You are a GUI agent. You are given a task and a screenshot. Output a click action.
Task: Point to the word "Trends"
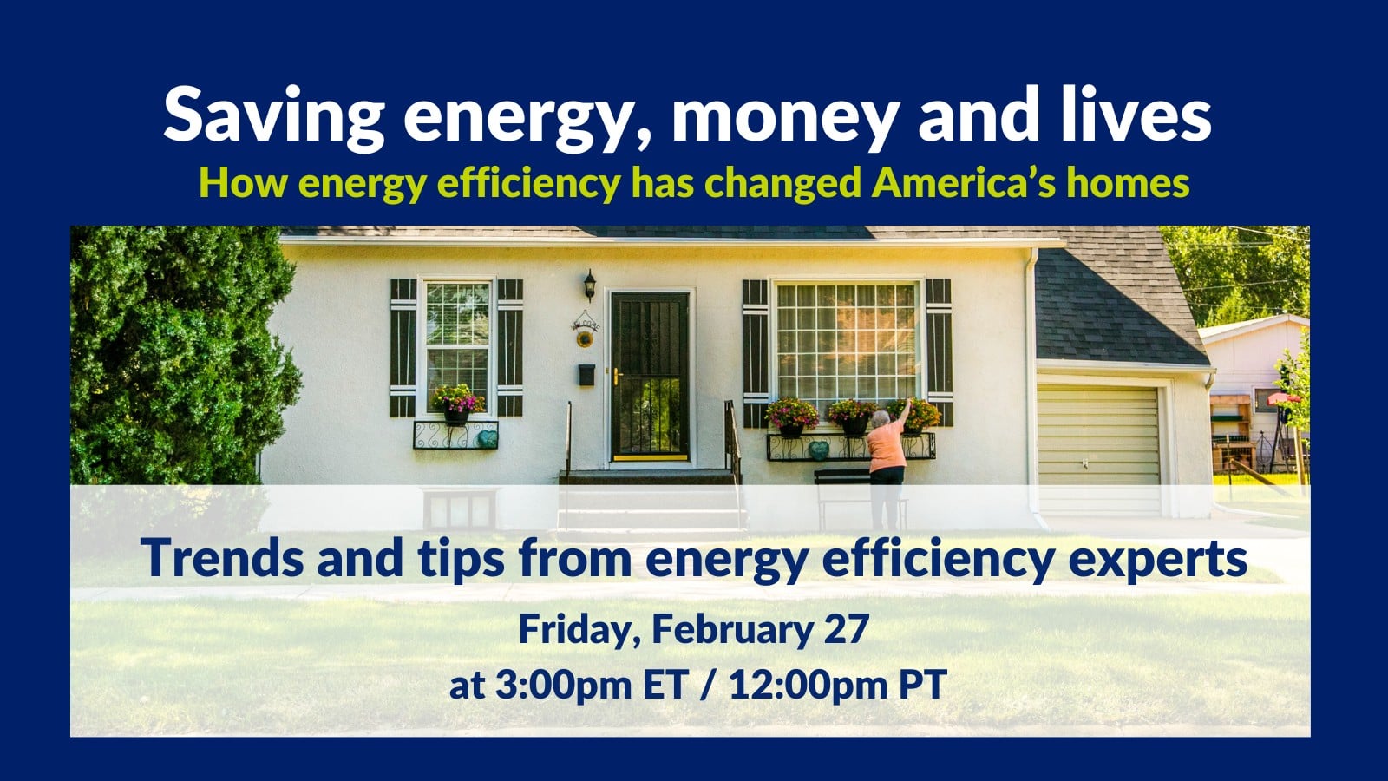coord(222,557)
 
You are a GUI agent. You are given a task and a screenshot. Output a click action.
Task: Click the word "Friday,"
coord(579,630)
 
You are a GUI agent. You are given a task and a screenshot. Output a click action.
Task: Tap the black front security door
coord(650,377)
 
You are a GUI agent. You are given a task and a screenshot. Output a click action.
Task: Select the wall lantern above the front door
coord(589,285)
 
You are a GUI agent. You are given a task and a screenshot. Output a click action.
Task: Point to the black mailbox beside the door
coord(586,374)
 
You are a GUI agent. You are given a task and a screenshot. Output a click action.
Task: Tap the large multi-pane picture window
coord(846,342)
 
